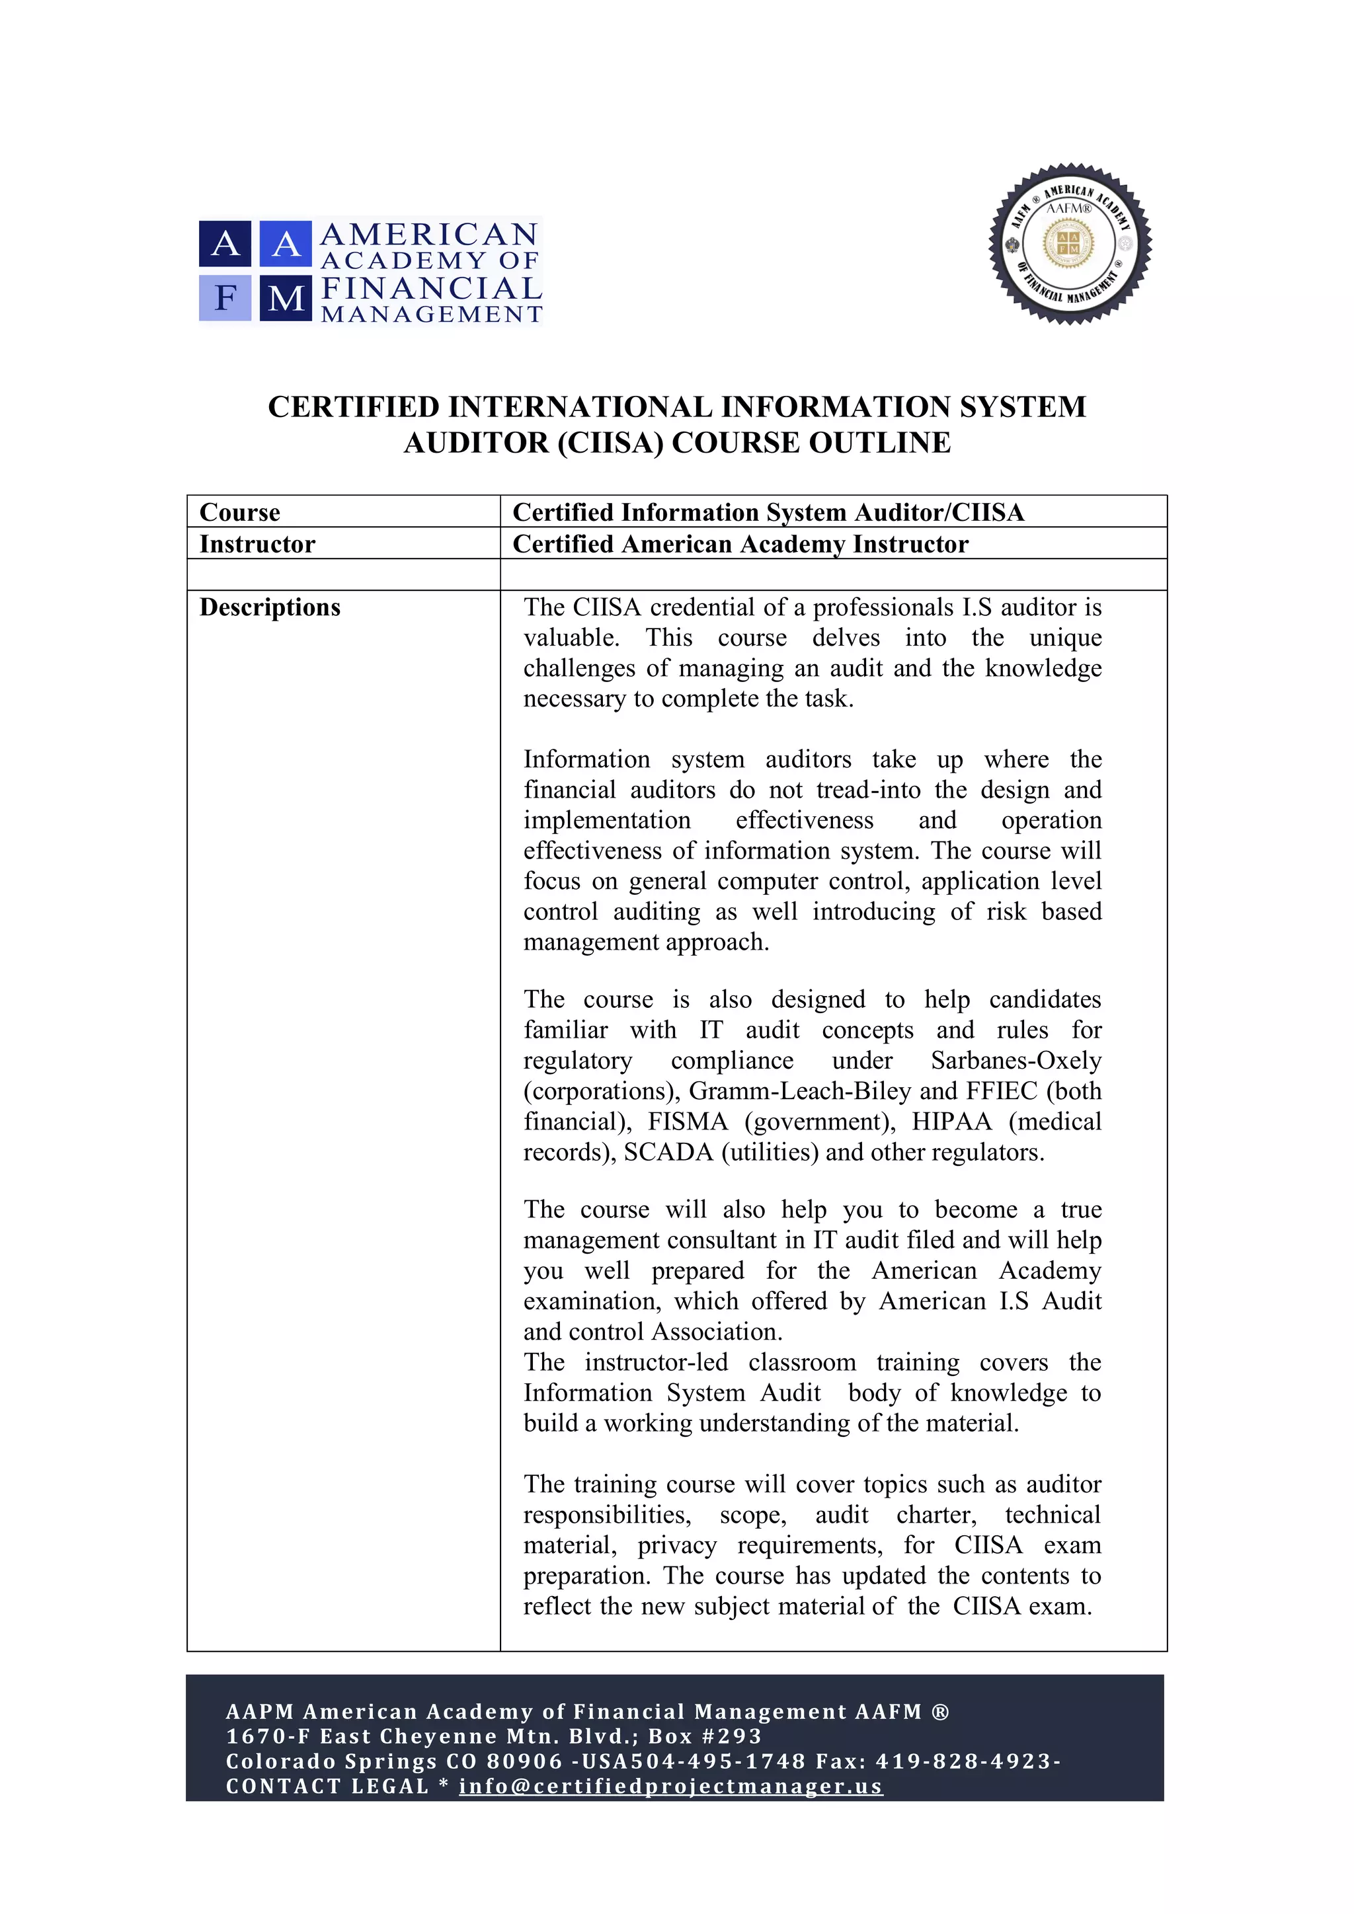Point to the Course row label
click(x=240, y=512)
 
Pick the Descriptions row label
click(x=270, y=607)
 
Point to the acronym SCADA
click(x=668, y=1152)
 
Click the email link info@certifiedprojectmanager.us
click(x=670, y=1786)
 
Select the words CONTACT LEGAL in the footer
click(x=327, y=1786)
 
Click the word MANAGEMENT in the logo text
click(x=432, y=315)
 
